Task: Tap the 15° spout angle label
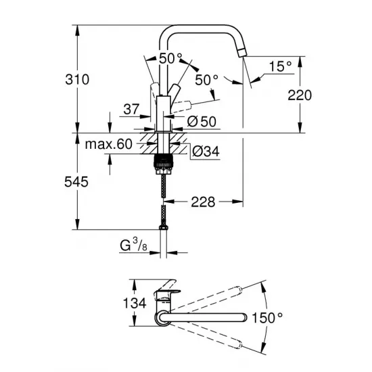tap(281, 66)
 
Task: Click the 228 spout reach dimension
tap(204, 201)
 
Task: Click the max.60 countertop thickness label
tap(108, 143)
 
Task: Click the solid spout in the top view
tap(203, 316)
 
